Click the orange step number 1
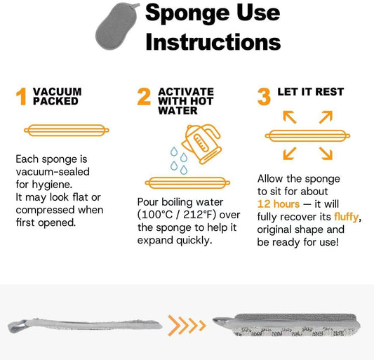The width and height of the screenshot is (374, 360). (x=21, y=98)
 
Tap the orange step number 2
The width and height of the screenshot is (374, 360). (x=144, y=98)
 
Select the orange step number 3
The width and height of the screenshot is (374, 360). (x=264, y=98)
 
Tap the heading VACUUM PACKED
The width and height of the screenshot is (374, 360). (x=57, y=96)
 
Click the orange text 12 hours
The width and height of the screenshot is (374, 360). (x=276, y=204)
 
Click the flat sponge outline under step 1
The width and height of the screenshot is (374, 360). (x=67, y=130)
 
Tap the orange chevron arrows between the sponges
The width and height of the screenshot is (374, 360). (x=187, y=324)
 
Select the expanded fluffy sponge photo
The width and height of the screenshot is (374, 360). (x=295, y=324)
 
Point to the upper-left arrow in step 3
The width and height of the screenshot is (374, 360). (x=289, y=116)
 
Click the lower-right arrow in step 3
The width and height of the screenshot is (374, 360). (x=325, y=152)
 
